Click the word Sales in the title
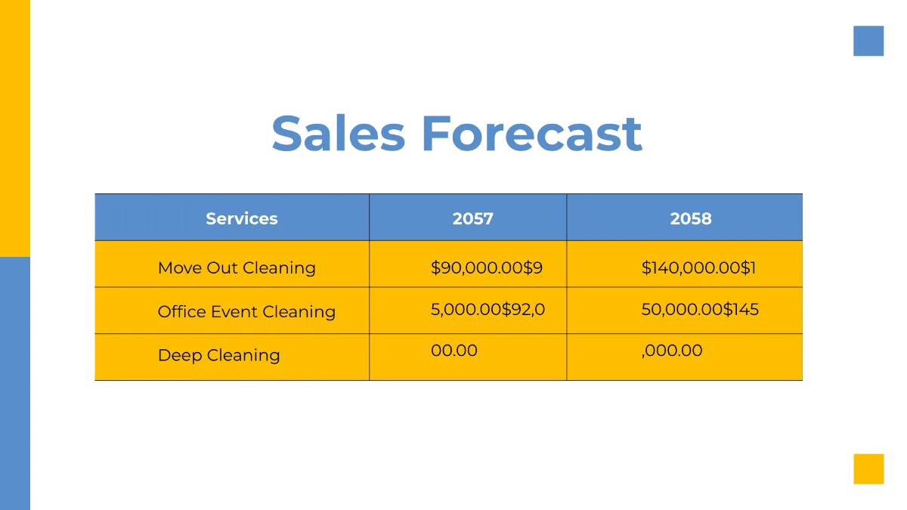[x=338, y=134]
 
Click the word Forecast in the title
[x=531, y=134]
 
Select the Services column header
[x=241, y=218]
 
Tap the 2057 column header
[x=472, y=218]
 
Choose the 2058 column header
[x=691, y=218]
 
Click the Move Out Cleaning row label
[x=237, y=267]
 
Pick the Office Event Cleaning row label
[x=246, y=311]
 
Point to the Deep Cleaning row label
[x=218, y=355]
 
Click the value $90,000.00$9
[x=487, y=267]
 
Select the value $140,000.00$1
[x=698, y=267]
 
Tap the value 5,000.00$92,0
[x=488, y=309]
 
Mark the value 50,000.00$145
[x=700, y=309]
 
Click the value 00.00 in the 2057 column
[x=454, y=351]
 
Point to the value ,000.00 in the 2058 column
[x=672, y=351]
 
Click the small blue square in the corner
[x=868, y=41]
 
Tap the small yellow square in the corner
[x=868, y=468]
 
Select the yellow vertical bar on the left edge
[x=15, y=128]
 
